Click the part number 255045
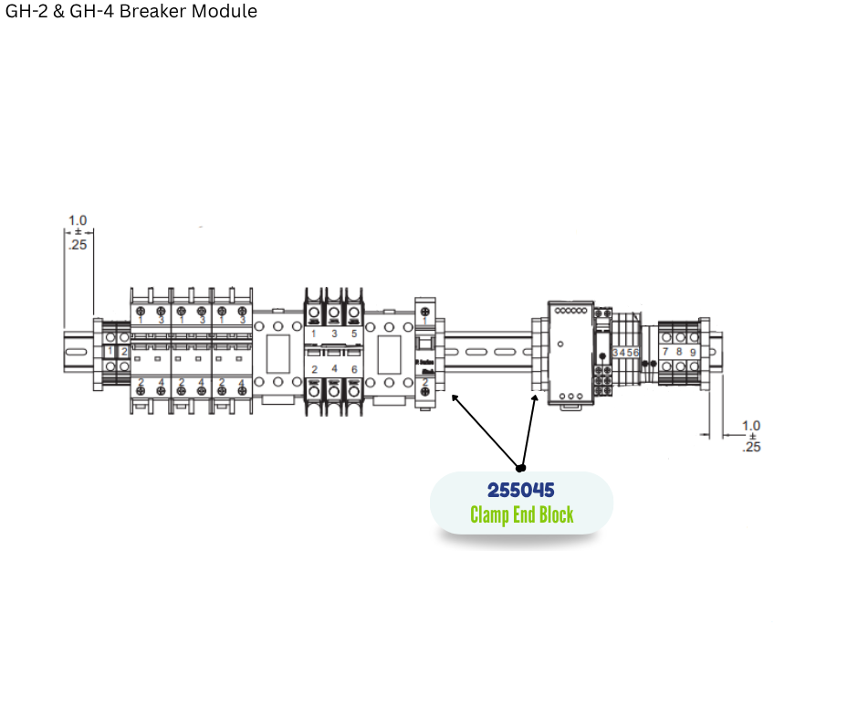click(521, 491)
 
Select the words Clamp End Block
click(522, 514)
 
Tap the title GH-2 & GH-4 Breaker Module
click(131, 11)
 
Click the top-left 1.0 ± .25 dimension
click(78, 232)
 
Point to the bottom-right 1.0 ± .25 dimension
click(751, 436)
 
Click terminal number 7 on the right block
click(665, 351)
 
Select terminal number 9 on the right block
click(694, 351)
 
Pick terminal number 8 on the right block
click(679, 351)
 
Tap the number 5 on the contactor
click(353, 334)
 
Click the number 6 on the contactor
click(353, 369)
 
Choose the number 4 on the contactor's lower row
click(333, 369)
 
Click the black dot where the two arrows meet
click(521, 467)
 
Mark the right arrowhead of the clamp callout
click(535, 397)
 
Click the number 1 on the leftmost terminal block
click(110, 352)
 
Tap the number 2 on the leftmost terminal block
click(124, 352)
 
